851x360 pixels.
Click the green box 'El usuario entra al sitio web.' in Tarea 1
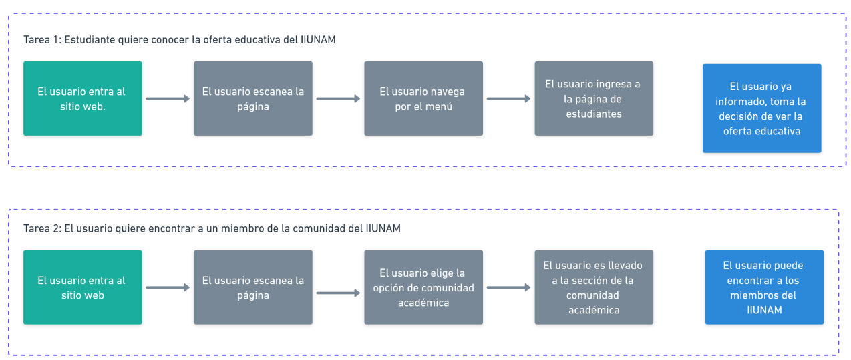[83, 98]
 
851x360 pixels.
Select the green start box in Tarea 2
[83, 287]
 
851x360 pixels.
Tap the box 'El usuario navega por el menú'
[423, 98]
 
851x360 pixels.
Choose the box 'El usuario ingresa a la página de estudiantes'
[594, 98]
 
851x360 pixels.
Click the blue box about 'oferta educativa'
[761, 108]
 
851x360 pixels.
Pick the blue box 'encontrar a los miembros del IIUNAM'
[764, 287]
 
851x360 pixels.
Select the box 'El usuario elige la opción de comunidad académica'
[423, 287]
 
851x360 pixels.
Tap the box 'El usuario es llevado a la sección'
[594, 287]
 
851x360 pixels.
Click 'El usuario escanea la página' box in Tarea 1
[253, 98]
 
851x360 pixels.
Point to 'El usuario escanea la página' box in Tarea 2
[253, 287]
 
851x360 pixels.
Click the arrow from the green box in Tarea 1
[168, 99]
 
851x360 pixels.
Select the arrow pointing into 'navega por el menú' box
[338, 99]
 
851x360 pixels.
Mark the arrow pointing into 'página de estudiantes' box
[508, 99]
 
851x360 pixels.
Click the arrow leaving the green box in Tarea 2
[168, 288]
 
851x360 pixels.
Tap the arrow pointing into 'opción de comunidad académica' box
[338, 293]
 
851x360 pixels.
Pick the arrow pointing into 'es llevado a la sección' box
[508, 288]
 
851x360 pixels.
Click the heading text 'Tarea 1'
[41, 40]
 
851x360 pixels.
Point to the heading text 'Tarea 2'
[41, 228]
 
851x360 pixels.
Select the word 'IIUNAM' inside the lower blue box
[764, 310]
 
